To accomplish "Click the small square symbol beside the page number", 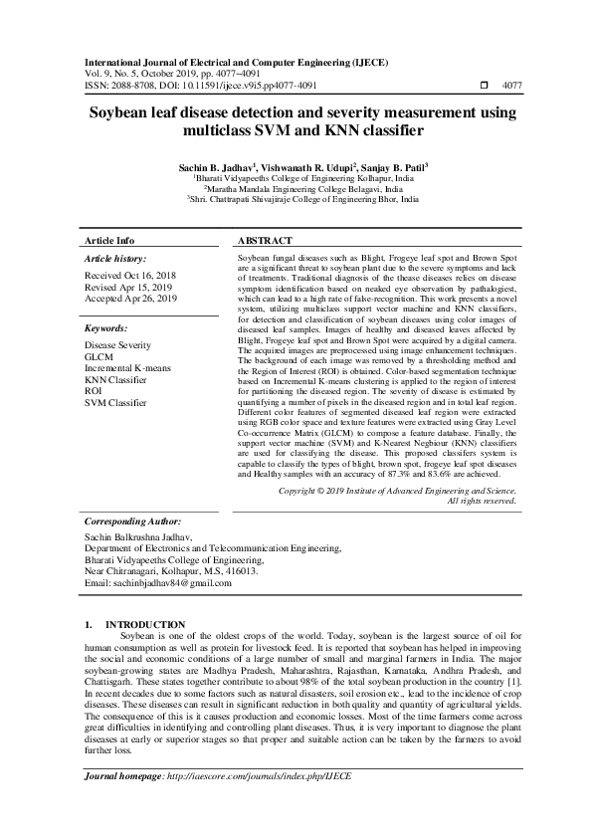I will (484, 87).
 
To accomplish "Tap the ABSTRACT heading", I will (266, 241).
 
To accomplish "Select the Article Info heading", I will (109, 241).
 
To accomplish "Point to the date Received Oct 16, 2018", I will (130, 274).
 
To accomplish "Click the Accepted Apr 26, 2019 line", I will (130, 298).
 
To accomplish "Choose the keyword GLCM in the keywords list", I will (99, 355).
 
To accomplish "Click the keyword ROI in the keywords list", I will (94, 391).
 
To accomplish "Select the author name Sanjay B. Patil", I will (393, 167).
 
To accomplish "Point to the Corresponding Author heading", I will (132, 521).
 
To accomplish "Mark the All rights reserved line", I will (482, 501).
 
